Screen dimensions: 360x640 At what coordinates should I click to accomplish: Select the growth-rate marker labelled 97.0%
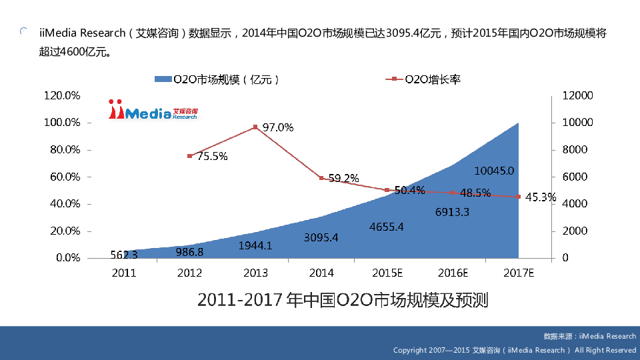coord(255,127)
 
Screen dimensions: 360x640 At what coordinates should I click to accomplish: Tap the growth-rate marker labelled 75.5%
coord(190,156)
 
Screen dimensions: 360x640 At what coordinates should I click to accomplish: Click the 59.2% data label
coord(343,178)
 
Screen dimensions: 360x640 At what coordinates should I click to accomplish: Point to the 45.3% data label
coord(540,197)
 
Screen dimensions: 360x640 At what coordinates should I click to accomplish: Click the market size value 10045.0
coord(494,171)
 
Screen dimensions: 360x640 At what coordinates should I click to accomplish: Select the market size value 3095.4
coord(321,237)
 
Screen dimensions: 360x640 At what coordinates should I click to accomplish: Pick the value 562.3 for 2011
coord(124,254)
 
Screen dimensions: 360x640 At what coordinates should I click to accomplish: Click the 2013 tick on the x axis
coord(255,273)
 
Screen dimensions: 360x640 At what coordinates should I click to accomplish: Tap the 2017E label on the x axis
coord(519,273)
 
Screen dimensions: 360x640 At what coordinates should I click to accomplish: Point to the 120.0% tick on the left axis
coord(62,95)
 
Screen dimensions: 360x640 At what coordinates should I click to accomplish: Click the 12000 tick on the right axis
coord(577,95)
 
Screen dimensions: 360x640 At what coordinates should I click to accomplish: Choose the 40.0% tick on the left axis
coord(62,203)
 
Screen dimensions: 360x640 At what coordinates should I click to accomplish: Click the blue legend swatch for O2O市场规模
coord(163,79)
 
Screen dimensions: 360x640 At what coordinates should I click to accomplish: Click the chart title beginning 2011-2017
coord(343,301)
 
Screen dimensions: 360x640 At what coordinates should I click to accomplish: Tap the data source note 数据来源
coord(589,337)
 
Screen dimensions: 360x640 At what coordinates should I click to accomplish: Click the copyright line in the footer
coord(514,350)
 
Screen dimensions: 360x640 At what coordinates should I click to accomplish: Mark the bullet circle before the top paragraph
coord(24,31)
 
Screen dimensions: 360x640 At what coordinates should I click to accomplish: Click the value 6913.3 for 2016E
coord(453,213)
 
